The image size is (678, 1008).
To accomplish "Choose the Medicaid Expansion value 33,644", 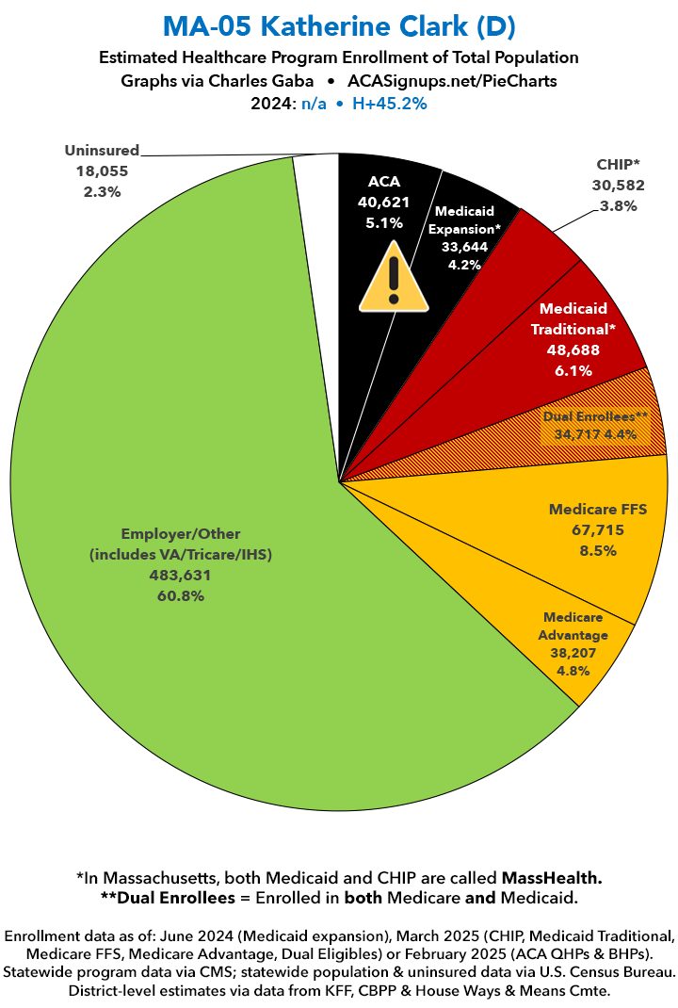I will (464, 247).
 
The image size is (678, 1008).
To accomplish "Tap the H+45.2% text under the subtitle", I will (390, 104).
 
